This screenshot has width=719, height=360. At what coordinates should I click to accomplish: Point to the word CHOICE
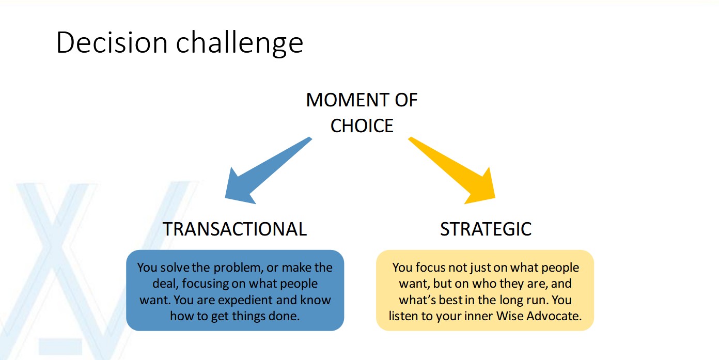click(362, 126)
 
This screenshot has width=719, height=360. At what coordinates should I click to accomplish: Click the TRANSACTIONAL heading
click(235, 229)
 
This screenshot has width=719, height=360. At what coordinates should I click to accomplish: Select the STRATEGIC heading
click(486, 229)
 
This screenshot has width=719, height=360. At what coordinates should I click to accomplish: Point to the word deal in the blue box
click(163, 284)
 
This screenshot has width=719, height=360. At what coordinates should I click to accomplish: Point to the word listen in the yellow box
click(405, 316)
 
